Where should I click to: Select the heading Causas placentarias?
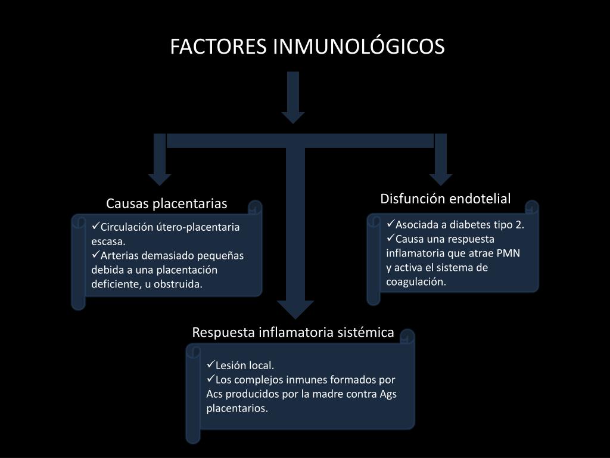[167, 204]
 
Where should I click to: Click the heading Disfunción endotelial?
[446, 199]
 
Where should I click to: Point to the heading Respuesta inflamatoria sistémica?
[293, 332]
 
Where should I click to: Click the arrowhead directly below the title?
[293, 117]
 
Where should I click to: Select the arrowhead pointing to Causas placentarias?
[160, 178]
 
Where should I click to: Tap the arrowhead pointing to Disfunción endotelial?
[441, 178]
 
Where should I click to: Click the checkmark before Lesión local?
[211, 364]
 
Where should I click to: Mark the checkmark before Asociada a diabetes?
[391, 224]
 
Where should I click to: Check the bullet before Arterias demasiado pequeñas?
[96, 255]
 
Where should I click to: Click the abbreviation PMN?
[508, 253]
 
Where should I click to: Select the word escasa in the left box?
[108, 241]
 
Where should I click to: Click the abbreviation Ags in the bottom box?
[388, 394]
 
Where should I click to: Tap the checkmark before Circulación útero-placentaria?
[96, 226]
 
